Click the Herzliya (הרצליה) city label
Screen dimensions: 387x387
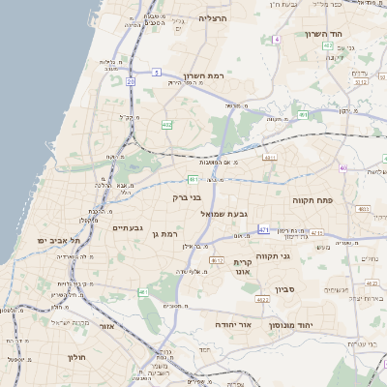click(212, 17)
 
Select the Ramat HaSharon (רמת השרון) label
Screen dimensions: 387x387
click(203, 75)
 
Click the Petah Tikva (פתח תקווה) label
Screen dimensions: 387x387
click(313, 198)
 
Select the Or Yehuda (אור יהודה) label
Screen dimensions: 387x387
click(232, 324)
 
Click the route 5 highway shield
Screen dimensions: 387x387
click(155, 72)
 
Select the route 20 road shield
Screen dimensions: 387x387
click(130, 82)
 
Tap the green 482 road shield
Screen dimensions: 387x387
click(167, 124)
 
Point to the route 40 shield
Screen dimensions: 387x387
click(342, 167)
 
